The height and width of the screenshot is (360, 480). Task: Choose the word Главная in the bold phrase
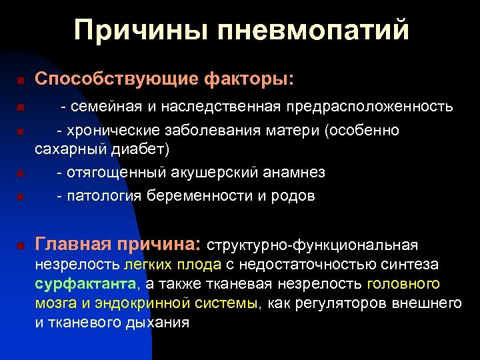click(x=73, y=245)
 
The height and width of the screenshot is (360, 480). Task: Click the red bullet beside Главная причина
click(x=21, y=247)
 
